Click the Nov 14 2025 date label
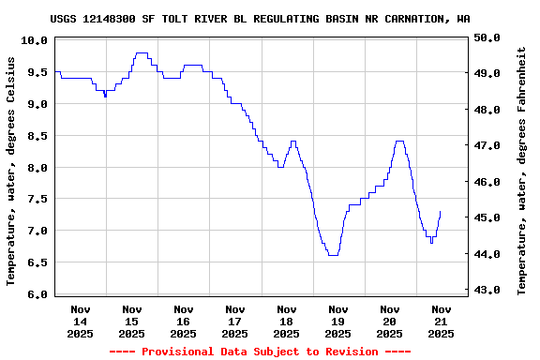[x=81, y=321]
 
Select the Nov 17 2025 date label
[x=235, y=321]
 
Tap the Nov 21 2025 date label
[x=441, y=321]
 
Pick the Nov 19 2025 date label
[x=338, y=321]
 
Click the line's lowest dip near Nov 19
[x=333, y=255]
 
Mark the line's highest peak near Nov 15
[x=141, y=53]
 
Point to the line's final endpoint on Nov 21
[x=440, y=212]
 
